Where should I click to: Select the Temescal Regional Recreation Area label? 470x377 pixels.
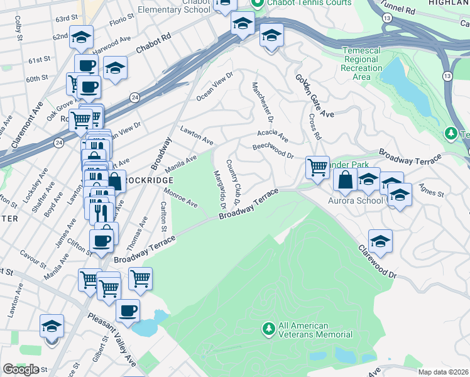[x=361, y=63]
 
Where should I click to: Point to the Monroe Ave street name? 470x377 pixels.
[x=181, y=197]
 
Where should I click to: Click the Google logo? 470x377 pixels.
[x=21, y=369]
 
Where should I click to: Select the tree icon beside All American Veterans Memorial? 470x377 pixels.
[x=268, y=329]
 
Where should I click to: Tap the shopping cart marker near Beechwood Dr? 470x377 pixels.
[x=318, y=167]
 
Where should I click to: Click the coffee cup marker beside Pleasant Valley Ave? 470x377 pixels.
[x=128, y=310]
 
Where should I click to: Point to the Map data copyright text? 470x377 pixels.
[x=443, y=372]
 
